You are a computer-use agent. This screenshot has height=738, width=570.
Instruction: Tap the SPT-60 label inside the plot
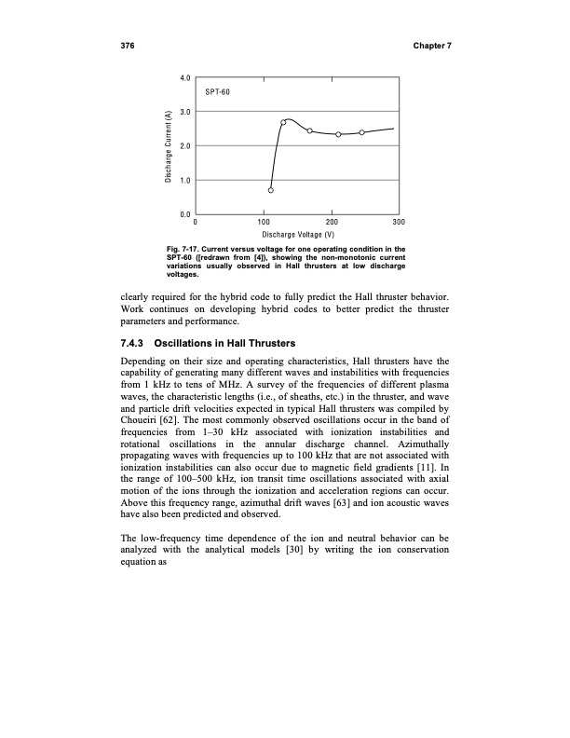tap(217, 92)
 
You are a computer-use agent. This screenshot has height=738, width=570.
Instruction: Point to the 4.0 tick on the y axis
tap(185, 77)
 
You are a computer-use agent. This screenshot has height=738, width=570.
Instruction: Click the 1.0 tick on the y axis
tap(185, 180)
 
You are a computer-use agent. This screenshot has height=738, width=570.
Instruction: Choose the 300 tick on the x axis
tap(399, 224)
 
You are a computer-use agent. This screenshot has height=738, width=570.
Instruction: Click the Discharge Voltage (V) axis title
tap(296, 235)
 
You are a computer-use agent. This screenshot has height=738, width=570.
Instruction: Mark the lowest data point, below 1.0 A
tap(271, 190)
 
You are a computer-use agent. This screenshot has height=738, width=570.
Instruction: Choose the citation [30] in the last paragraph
tap(292, 551)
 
